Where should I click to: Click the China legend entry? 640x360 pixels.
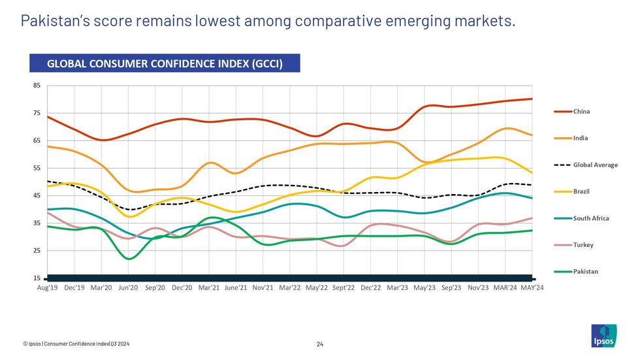click(x=581, y=112)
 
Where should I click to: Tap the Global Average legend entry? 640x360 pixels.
click(x=595, y=165)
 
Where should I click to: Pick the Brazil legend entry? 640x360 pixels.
click(x=583, y=191)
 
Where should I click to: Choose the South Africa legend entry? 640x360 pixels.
click(x=591, y=218)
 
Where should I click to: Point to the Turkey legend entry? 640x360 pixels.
click(x=583, y=245)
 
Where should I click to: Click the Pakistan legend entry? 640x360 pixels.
click(x=585, y=271)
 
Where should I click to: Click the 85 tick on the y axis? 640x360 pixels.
click(x=37, y=86)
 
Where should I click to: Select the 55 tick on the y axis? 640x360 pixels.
click(x=37, y=168)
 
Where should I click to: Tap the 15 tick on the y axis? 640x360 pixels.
click(x=37, y=278)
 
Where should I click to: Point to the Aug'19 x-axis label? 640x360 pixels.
click(x=48, y=288)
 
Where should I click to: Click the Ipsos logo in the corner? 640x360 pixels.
click(x=603, y=336)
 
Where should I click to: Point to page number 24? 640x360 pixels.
click(x=320, y=344)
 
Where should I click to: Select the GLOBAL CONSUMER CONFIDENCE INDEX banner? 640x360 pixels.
click(x=164, y=63)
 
